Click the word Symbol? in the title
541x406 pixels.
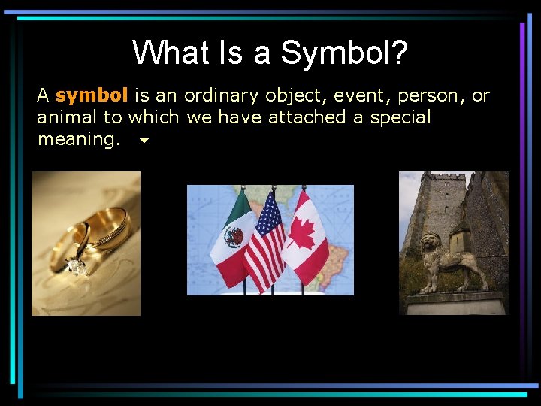345,53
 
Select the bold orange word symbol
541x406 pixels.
92,96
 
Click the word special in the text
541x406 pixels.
400,117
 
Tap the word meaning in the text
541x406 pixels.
75,139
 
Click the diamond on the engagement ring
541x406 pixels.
75,265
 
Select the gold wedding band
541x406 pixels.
105,229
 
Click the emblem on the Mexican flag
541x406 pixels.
234,237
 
